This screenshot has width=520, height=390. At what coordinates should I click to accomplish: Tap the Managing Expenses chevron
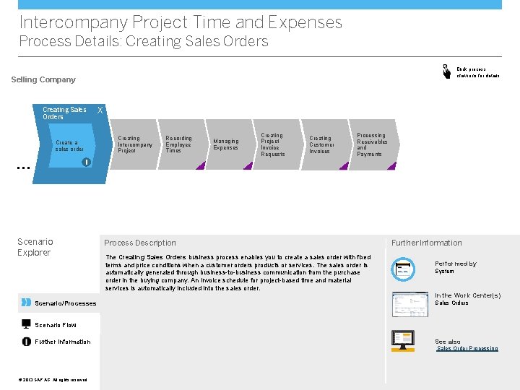(x=226, y=144)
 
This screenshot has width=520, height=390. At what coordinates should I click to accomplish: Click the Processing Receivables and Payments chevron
(x=372, y=144)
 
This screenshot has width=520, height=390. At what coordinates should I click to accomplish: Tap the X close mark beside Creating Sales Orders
(x=100, y=110)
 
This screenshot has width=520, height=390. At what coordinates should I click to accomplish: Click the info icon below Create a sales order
(x=85, y=161)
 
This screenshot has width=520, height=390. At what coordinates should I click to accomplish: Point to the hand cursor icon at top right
(x=446, y=71)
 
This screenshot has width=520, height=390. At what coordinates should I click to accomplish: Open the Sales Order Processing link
(x=467, y=349)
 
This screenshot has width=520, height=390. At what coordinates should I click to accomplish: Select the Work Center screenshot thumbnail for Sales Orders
(x=409, y=304)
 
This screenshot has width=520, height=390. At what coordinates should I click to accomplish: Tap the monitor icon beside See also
(x=402, y=341)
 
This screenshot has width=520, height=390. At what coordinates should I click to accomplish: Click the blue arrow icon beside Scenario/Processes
(x=26, y=302)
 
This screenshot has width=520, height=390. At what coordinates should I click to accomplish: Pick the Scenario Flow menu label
(x=55, y=325)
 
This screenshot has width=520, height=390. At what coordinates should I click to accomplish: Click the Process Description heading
(x=140, y=243)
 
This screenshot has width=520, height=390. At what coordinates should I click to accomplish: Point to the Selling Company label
(x=43, y=79)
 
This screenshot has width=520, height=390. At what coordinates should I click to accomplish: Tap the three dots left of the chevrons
(x=22, y=167)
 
